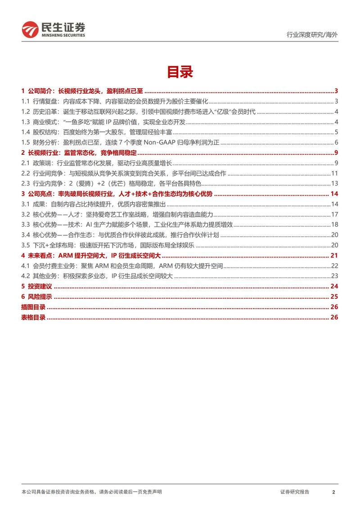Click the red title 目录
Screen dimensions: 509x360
180,72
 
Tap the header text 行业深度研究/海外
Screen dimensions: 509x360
312,35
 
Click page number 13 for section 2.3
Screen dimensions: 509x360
335,184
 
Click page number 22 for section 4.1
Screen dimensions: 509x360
335,266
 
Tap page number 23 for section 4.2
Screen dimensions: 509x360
335,276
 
